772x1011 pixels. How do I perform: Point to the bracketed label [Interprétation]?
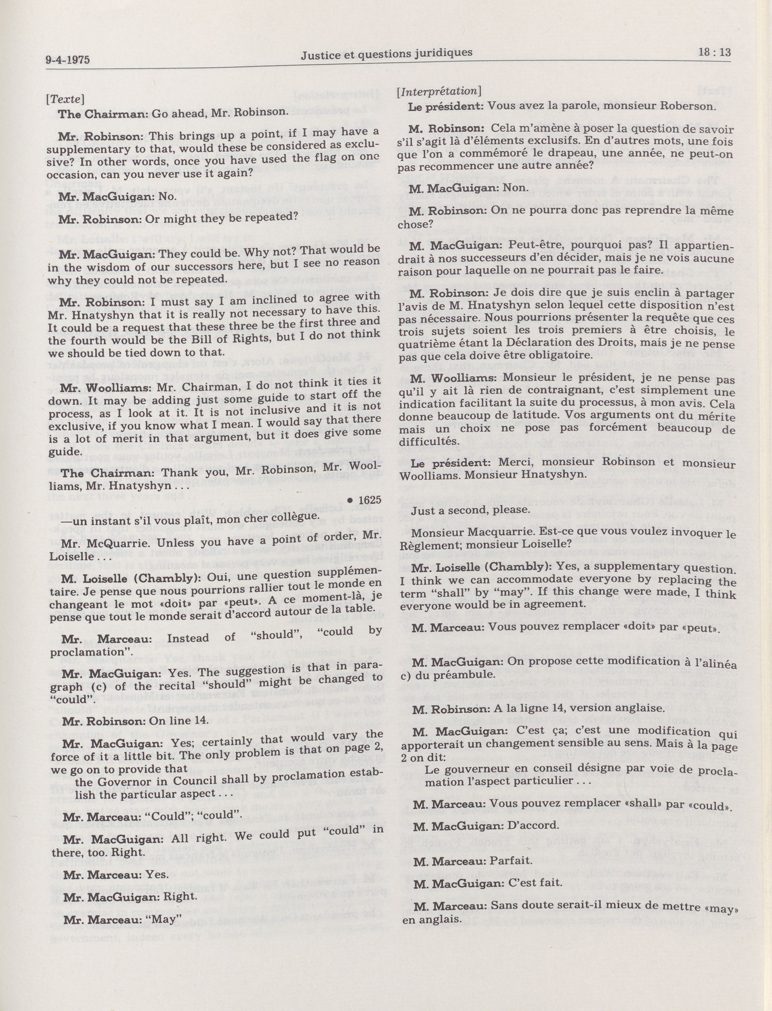point(439,91)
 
